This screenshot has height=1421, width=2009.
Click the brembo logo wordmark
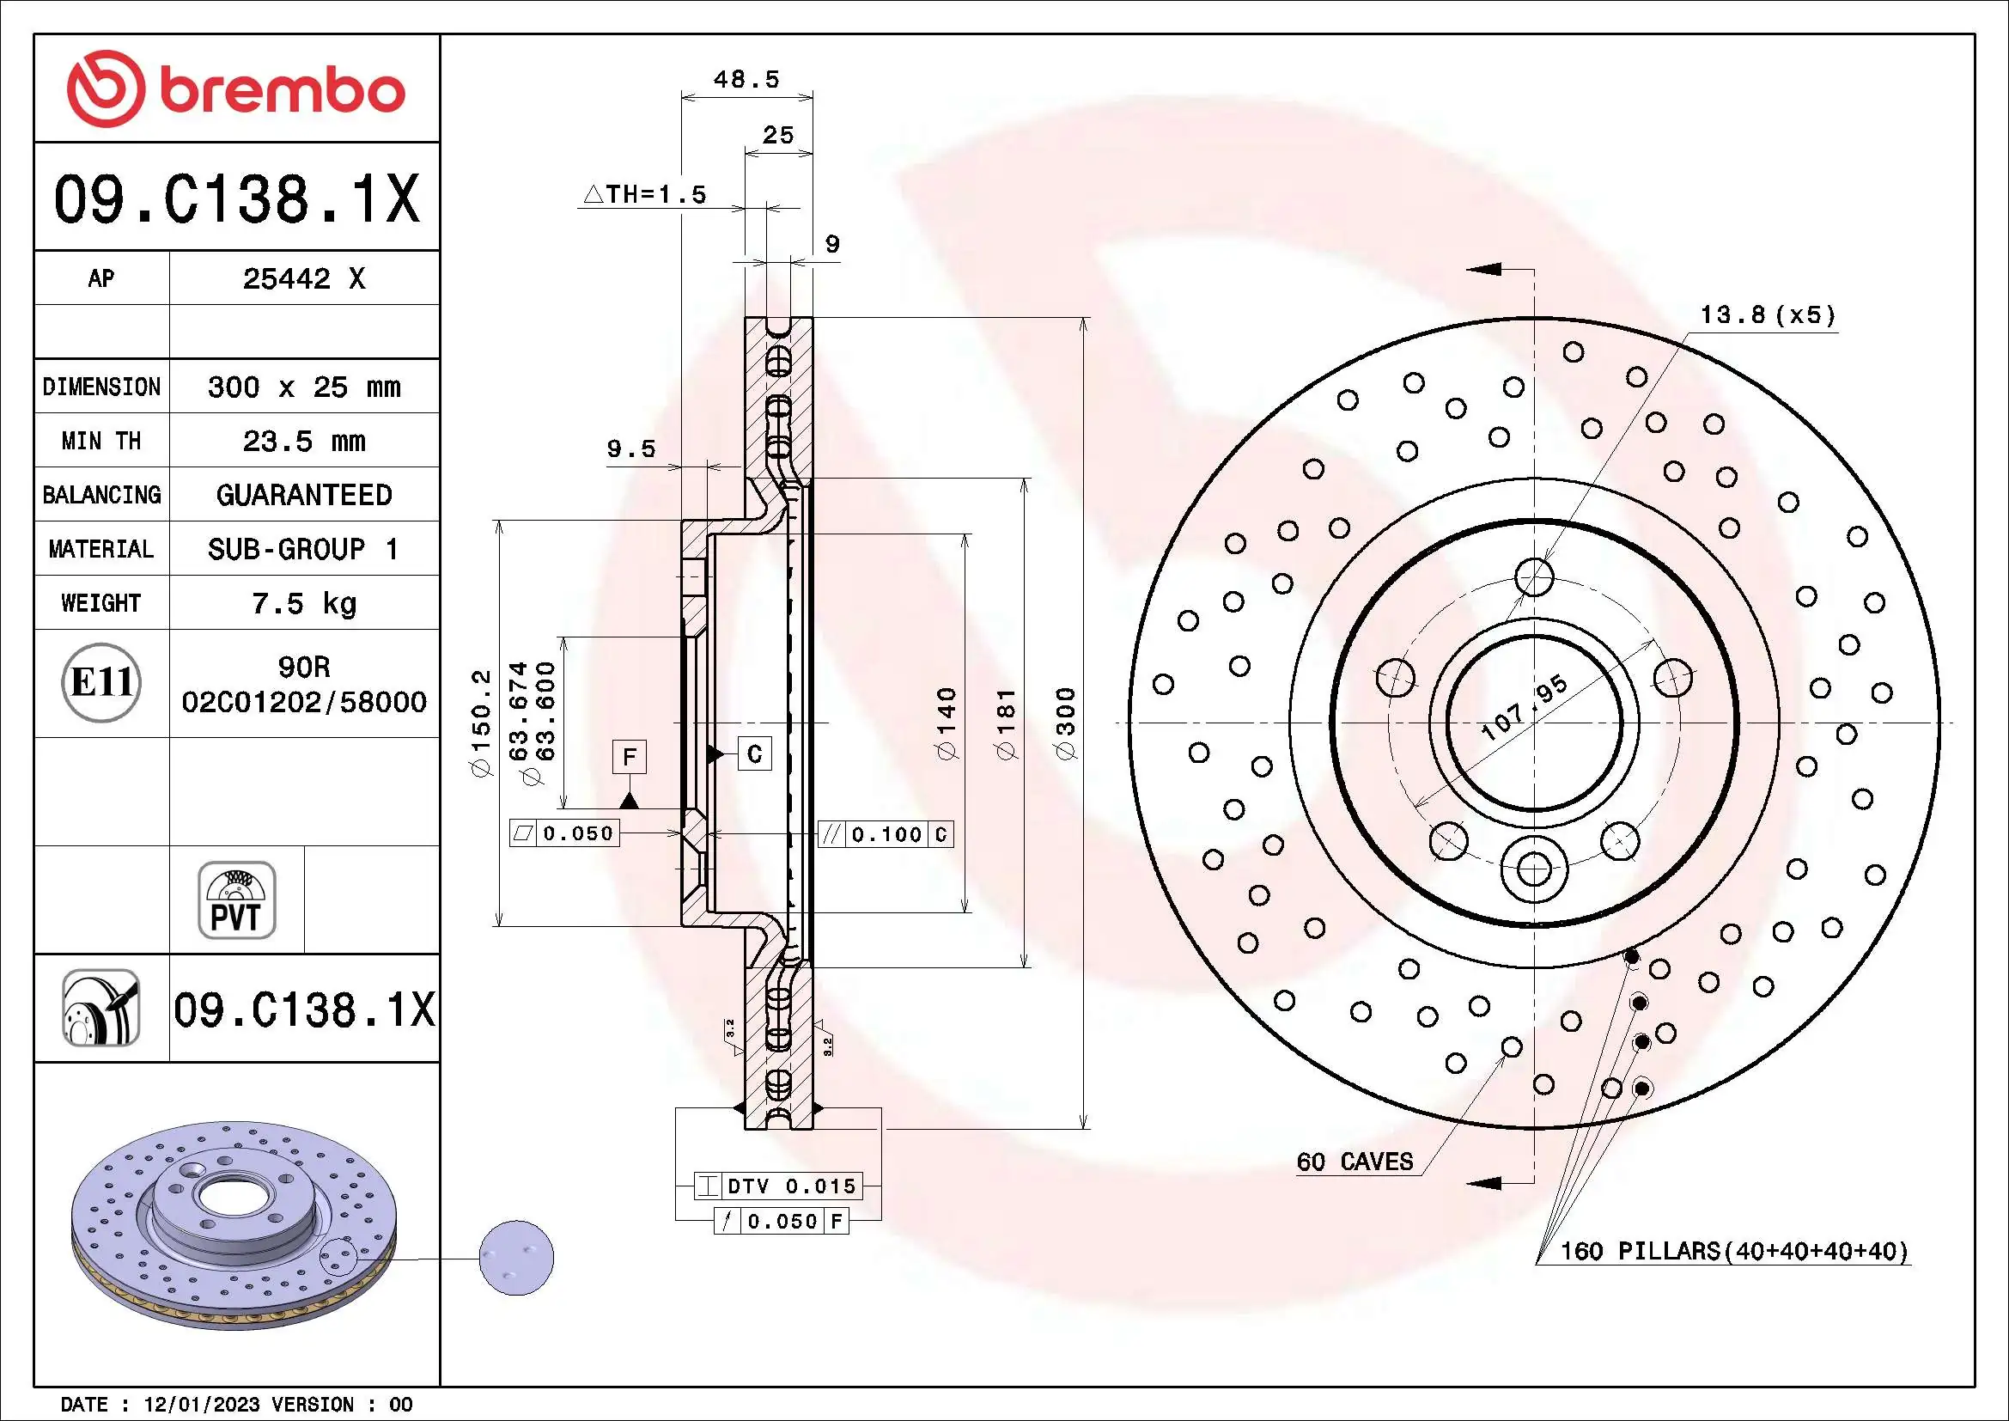click(x=281, y=91)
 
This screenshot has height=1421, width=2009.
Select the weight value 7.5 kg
click(x=303, y=603)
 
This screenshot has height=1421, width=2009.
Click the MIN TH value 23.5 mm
click(x=303, y=441)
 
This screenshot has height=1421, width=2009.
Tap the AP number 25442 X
click(x=303, y=279)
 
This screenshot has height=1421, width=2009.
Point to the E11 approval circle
click(x=101, y=682)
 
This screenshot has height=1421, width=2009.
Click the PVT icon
click(x=236, y=900)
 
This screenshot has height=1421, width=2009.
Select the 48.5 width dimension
click(x=746, y=80)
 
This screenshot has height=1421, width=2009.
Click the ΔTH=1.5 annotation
click(x=646, y=194)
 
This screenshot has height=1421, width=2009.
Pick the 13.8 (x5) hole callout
click(x=1767, y=315)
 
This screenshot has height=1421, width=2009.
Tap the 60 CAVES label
click(x=1355, y=1162)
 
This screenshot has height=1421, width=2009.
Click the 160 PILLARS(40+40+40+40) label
click(x=1733, y=1251)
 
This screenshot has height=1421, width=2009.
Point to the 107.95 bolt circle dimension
click(x=1524, y=708)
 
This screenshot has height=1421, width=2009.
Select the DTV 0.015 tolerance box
click(x=779, y=1186)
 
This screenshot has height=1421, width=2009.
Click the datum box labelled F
click(x=629, y=757)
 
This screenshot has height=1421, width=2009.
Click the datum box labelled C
click(x=754, y=754)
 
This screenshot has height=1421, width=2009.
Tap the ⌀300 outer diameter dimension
click(x=1065, y=723)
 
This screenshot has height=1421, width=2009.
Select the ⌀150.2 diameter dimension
click(x=481, y=723)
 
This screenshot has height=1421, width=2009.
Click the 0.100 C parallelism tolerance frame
click(x=886, y=834)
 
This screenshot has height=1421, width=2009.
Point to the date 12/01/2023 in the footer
click(x=201, y=1405)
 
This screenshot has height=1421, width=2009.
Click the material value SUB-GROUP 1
click(x=303, y=549)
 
